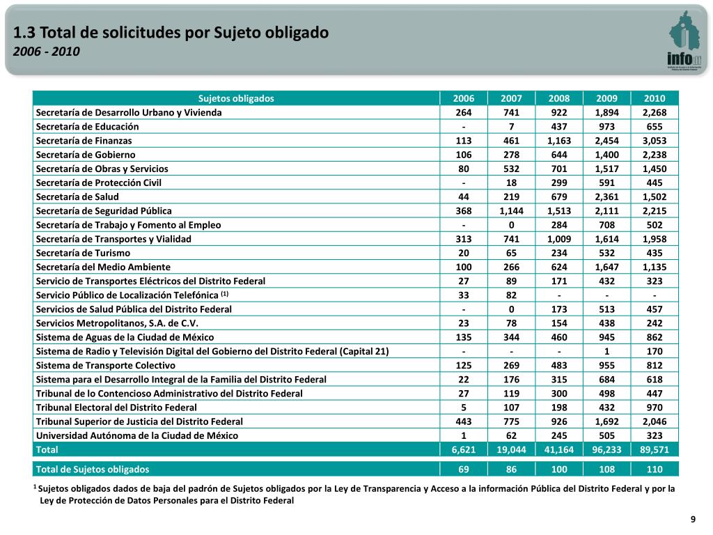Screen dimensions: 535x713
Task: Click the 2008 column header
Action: pyautogui.click(x=558, y=98)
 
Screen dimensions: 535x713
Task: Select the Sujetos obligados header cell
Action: pyautogui.click(x=236, y=98)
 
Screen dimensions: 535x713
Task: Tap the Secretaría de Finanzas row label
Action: pyautogui.click(x=84, y=141)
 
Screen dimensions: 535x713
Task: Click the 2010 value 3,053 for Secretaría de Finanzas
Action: pyautogui.click(x=655, y=141)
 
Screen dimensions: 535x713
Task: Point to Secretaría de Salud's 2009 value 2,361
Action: pyautogui.click(x=606, y=196)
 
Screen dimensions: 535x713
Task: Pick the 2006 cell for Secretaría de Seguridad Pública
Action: pyautogui.click(x=464, y=210)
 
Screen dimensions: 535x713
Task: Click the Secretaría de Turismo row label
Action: pyautogui.click(x=83, y=253)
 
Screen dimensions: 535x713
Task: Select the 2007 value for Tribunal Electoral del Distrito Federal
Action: pyautogui.click(x=511, y=408)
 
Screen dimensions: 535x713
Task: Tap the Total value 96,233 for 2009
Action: pyautogui.click(x=606, y=450)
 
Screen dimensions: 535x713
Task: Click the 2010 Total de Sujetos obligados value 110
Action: pyautogui.click(x=655, y=470)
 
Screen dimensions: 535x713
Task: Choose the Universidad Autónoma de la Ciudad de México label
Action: pyautogui.click(x=136, y=435)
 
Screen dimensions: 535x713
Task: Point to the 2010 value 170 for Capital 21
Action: pyautogui.click(x=655, y=351)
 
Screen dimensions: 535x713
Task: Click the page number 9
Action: pyautogui.click(x=693, y=520)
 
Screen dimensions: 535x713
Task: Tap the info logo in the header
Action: pyautogui.click(x=684, y=42)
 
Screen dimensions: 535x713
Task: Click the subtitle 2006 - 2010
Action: pyautogui.click(x=47, y=52)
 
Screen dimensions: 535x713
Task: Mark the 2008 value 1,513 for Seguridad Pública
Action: pyautogui.click(x=558, y=210)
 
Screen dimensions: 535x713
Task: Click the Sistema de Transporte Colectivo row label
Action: pyautogui.click(x=105, y=365)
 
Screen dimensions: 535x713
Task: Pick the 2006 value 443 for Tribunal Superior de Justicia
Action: pyautogui.click(x=464, y=421)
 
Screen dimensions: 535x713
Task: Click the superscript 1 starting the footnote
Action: pyautogui.click(x=35, y=487)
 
